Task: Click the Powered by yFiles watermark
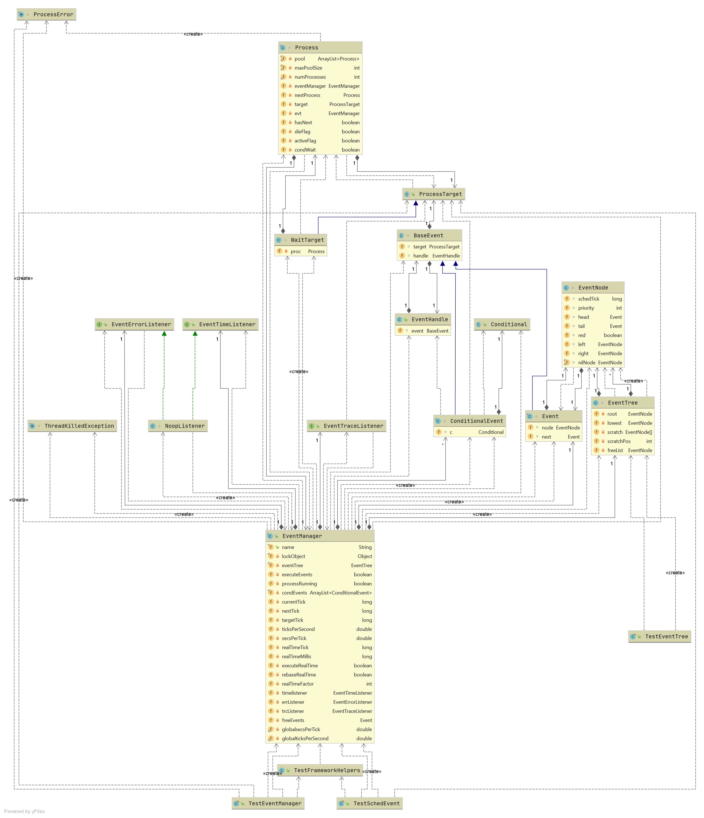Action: (25, 811)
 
